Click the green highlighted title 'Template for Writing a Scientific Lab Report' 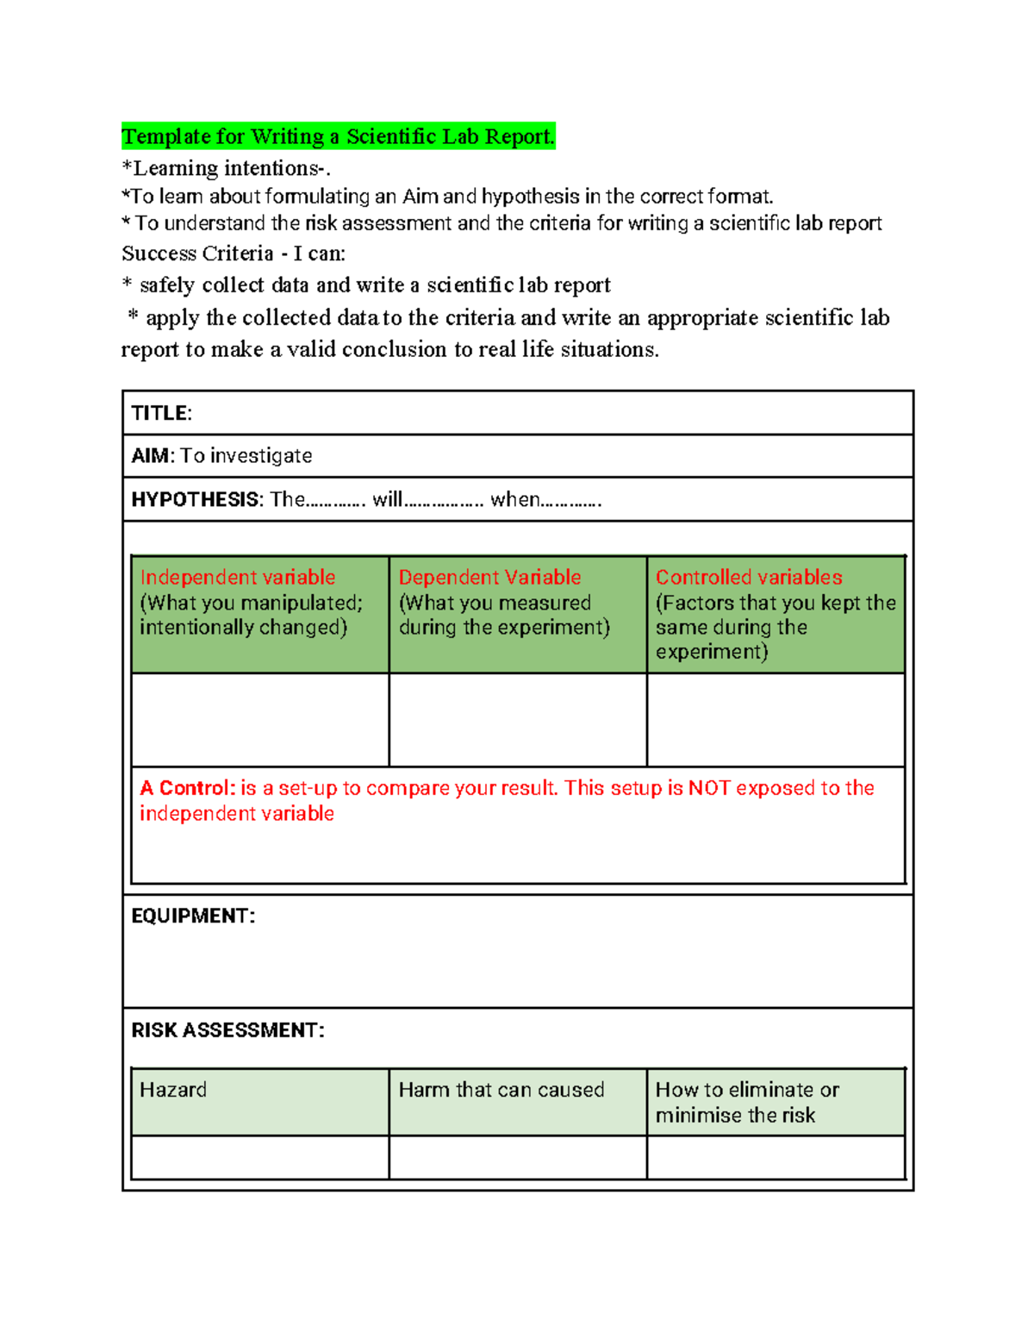click(338, 136)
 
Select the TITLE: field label click(161, 413)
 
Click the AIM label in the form click(149, 456)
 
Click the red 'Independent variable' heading click(237, 578)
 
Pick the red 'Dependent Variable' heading click(489, 578)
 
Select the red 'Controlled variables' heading click(749, 578)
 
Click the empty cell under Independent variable click(259, 720)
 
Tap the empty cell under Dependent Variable click(517, 720)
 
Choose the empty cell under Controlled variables click(775, 720)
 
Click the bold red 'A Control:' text click(187, 788)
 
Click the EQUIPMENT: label click(193, 916)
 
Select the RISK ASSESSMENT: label click(227, 1030)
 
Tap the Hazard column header click(173, 1090)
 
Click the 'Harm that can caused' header click(501, 1090)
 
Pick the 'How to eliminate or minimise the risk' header click(746, 1102)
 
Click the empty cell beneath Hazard click(259, 1157)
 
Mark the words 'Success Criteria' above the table click(197, 253)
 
